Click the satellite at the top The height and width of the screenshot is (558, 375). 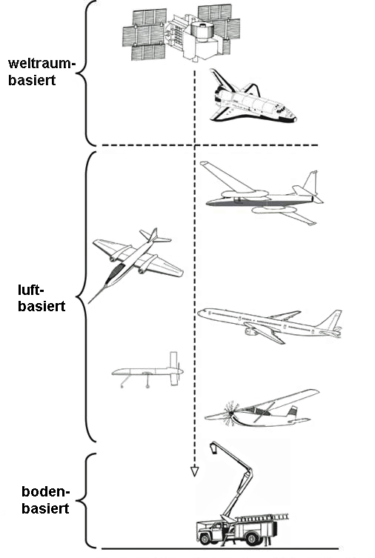(x=182, y=34)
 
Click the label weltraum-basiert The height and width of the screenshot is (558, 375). (x=42, y=72)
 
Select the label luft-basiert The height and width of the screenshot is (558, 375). (x=42, y=298)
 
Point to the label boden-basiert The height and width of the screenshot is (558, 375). (x=45, y=499)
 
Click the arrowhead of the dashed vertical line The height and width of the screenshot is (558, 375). (x=194, y=471)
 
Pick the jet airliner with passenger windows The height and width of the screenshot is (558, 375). (x=270, y=325)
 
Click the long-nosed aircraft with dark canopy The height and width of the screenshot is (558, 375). (x=135, y=265)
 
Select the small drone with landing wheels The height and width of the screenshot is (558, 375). (x=148, y=371)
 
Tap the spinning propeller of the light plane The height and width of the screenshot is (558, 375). (x=230, y=413)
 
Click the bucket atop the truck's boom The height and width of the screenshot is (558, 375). (x=214, y=448)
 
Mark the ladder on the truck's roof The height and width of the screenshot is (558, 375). (x=262, y=518)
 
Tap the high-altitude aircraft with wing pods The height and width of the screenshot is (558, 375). (x=262, y=194)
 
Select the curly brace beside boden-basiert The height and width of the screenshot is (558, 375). (x=87, y=501)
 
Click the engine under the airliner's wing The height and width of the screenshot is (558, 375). (x=250, y=332)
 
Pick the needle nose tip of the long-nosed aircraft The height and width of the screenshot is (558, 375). (x=89, y=302)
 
